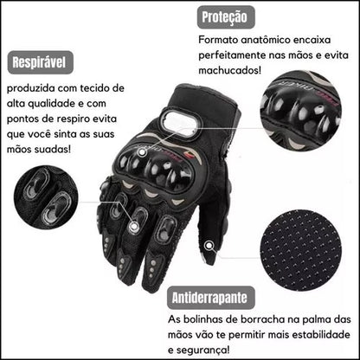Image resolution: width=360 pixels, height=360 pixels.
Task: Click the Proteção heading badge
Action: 226,17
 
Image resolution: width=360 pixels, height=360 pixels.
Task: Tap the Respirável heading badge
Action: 40,62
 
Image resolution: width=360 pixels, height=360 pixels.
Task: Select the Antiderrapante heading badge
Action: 211,298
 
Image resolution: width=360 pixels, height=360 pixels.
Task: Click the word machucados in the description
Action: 229,70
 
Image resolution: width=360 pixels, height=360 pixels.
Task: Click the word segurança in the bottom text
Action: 203,350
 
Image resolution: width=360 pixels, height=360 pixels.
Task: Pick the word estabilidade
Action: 321,335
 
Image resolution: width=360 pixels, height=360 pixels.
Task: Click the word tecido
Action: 95,88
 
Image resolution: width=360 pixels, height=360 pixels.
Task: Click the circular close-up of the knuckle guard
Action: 301,111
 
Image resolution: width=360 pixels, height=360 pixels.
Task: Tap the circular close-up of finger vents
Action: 46,197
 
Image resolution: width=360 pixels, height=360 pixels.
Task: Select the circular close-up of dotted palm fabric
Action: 301,251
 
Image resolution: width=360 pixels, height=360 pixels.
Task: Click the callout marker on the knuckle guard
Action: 142,152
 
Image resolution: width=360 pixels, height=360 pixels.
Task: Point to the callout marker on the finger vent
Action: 133,226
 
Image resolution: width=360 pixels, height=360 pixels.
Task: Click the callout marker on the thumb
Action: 209,246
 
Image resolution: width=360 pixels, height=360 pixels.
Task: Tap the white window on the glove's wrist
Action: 179,124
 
